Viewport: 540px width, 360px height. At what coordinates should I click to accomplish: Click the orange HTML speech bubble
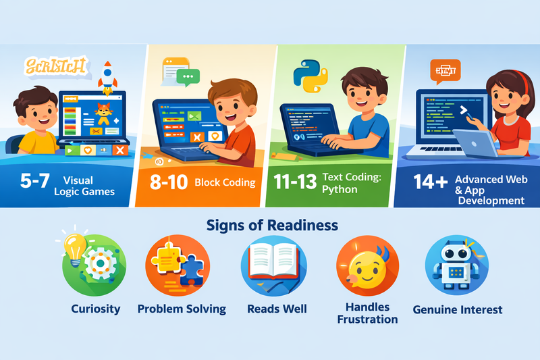click(x=443, y=72)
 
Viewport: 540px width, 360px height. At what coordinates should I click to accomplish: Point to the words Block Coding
click(x=225, y=182)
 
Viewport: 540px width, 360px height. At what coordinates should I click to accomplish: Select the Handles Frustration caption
click(x=367, y=313)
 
